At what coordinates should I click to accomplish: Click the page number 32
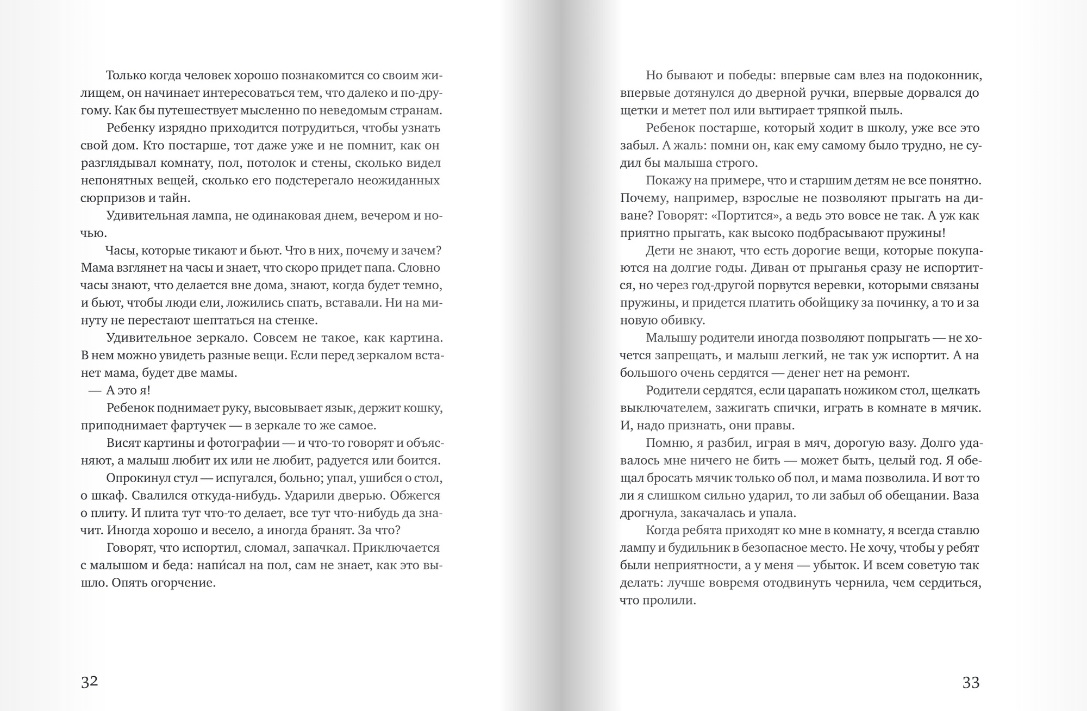tap(89, 682)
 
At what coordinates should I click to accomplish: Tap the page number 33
tap(971, 682)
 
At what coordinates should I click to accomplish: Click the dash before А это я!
tap(95, 390)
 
